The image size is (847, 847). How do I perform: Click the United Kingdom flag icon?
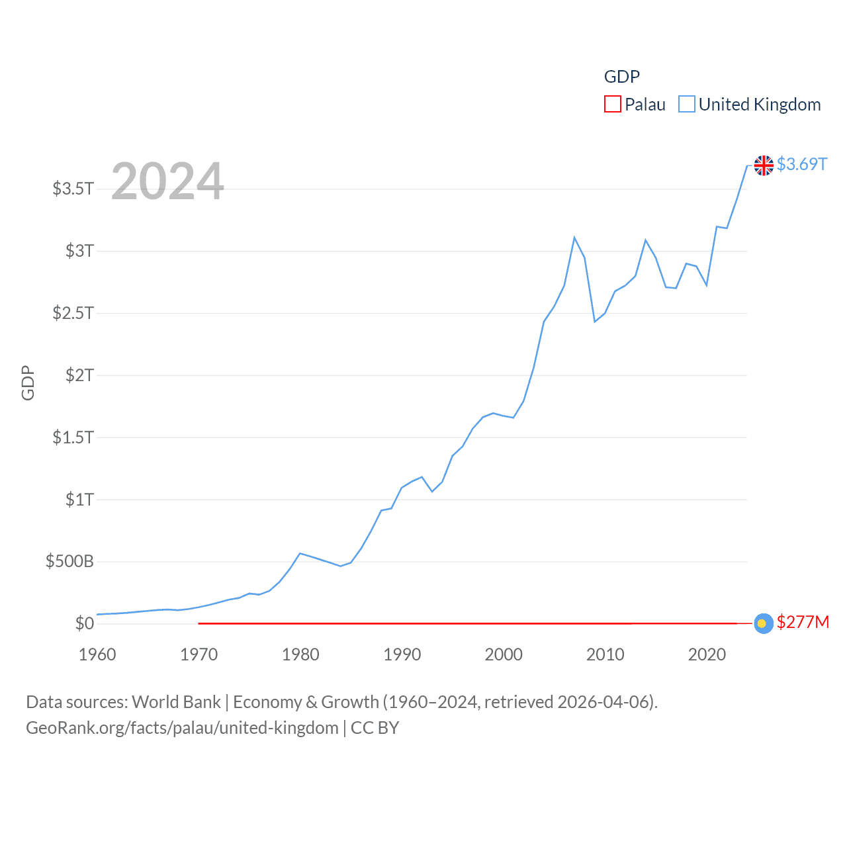[x=764, y=165]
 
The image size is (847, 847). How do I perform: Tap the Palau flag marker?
[x=763, y=623]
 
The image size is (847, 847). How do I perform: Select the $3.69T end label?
[x=802, y=164]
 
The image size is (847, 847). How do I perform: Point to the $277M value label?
[x=803, y=622]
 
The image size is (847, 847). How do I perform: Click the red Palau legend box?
[x=612, y=104]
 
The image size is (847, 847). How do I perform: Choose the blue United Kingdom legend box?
[x=687, y=104]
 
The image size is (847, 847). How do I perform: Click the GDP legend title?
[x=621, y=77]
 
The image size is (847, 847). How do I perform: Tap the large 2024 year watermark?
[x=167, y=181]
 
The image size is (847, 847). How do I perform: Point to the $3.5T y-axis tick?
[x=73, y=189]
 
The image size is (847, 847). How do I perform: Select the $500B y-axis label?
[x=69, y=562]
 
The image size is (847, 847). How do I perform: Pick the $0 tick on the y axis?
[x=85, y=623]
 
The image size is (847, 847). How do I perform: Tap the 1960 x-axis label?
[x=97, y=654]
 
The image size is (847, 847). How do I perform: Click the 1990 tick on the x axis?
[x=402, y=654]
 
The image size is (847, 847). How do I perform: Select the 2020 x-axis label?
[x=707, y=654]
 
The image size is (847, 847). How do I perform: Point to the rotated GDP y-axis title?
[x=28, y=382]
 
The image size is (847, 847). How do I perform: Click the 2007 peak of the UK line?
[x=574, y=238]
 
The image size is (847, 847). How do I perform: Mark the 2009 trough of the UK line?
[x=595, y=322]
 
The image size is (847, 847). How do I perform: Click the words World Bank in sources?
[x=176, y=701]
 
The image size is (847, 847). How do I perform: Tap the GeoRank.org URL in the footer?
[x=182, y=728]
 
